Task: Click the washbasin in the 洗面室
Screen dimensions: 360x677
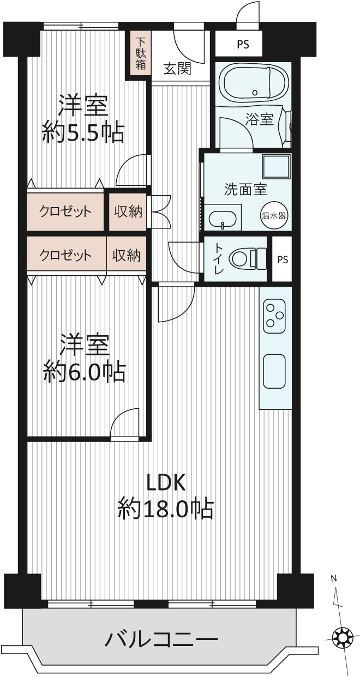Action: (223, 218)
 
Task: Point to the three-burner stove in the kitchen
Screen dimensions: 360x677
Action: (274, 316)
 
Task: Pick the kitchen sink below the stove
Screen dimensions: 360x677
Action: (274, 371)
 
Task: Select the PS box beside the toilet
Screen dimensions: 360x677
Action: (282, 259)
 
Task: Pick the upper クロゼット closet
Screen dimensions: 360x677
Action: (65, 211)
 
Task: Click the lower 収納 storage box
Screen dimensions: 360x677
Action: (127, 256)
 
